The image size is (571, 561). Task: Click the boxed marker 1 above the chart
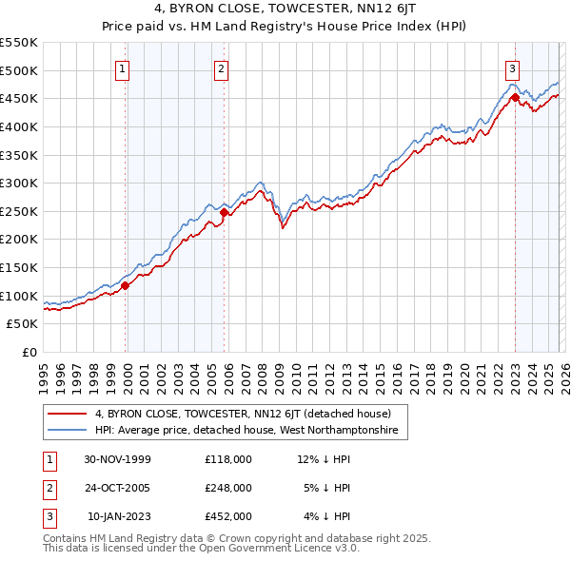(x=125, y=68)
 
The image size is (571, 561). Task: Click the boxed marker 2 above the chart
(x=221, y=68)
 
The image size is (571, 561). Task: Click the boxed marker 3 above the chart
(x=512, y=68)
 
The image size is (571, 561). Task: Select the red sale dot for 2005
(x=225, y=213)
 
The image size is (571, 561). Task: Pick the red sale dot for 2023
(x=515, y=97)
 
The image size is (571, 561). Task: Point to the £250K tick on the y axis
(x=19, y=211)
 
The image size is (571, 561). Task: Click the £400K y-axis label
(x=19, y=126)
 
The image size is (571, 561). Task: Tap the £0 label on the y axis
(x=29, y=353)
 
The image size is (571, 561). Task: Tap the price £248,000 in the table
(x=227, y=488)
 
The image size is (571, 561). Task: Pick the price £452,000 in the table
(x=227, y=516)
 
